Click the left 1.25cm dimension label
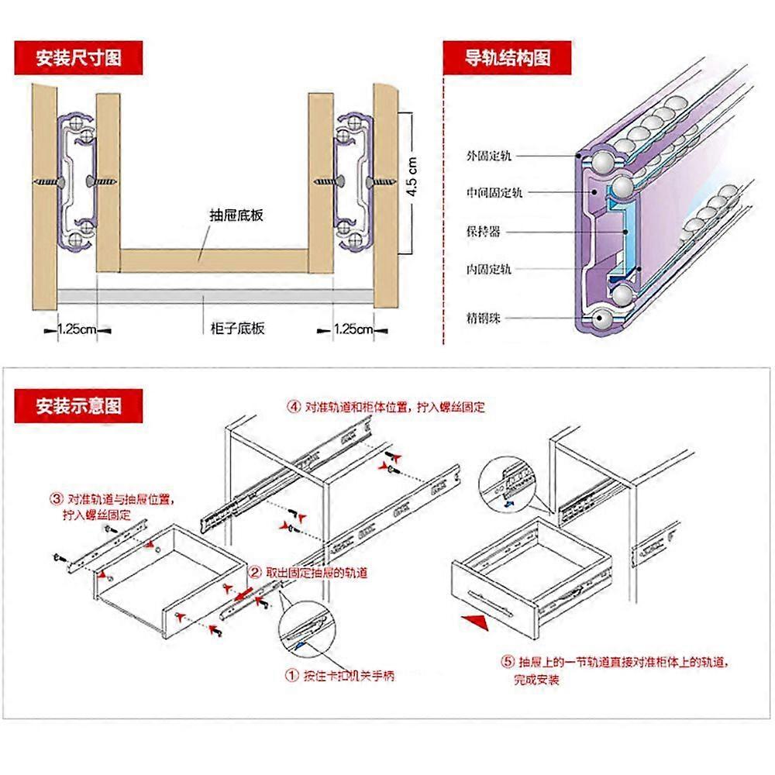[76, 329]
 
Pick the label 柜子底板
[238, 329]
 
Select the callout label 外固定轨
[489, 155]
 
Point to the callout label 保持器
[484, 231]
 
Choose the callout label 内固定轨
[489, 269]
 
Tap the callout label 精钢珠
[484, 318]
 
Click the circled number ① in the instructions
[292, 676]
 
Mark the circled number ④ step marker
[294, 406]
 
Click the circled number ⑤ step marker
[508, 663]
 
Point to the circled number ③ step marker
[57, 499]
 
